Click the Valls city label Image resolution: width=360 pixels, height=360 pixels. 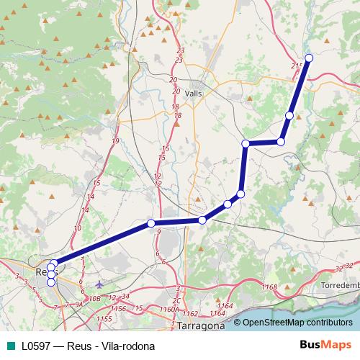194,93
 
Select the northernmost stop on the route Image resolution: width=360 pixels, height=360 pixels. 309,58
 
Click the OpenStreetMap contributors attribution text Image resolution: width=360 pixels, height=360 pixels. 293,323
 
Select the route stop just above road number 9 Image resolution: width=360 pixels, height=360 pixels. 151,222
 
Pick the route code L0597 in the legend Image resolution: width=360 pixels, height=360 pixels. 35,346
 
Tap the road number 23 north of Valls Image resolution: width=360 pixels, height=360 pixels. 179,50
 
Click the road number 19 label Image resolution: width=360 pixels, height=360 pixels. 115,140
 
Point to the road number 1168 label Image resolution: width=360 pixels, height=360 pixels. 269,287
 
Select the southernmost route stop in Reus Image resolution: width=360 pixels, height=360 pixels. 51,282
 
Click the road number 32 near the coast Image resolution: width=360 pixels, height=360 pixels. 339,269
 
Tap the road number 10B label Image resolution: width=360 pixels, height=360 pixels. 94,297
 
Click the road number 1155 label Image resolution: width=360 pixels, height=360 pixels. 104,318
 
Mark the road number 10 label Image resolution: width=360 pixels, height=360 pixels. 77,228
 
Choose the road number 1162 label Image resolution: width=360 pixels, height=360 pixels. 190,314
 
